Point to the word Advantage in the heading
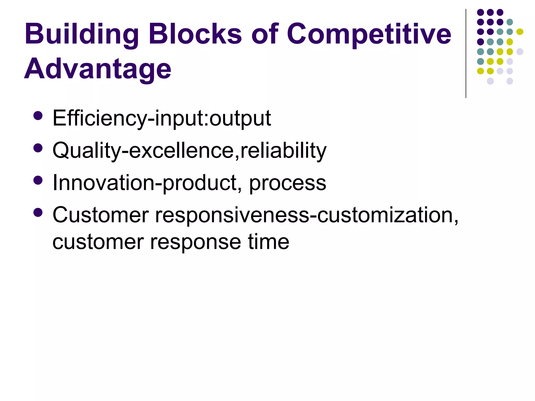click(98, 69)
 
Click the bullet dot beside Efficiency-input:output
click(38, 116)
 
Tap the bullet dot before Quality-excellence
click(38, 148)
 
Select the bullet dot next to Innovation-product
click(38, 180)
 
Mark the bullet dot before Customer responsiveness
click(38, 213)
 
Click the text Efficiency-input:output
click(161, 118)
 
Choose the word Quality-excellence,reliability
click(189, 151)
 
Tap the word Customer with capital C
click(101, 215)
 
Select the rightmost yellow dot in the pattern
click(520, 32)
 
